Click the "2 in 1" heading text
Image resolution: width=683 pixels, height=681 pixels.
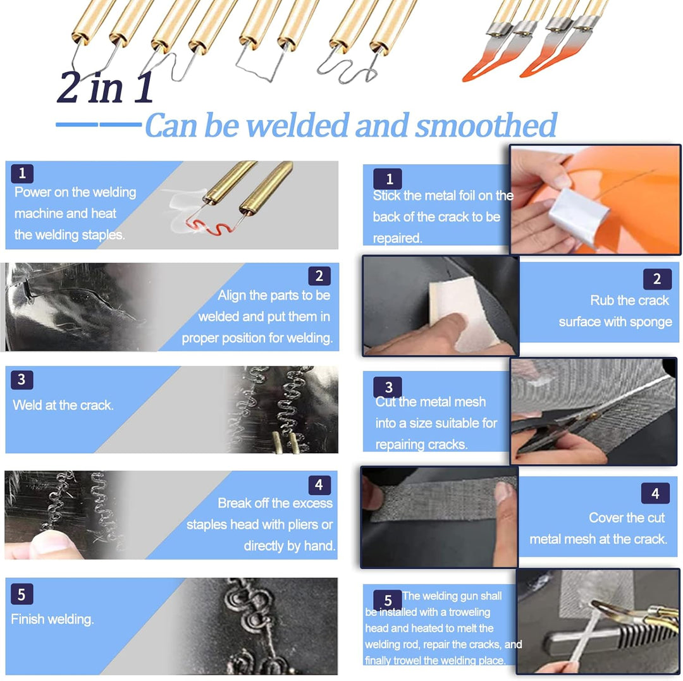pyautogui.click(x=105, y=87)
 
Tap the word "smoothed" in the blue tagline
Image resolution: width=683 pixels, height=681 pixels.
pyautogui.click(x=486, y=125)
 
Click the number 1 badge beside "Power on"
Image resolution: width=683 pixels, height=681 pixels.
pyautogui.click(x=22, y=173)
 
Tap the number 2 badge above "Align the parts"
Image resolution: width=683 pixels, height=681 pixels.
pyautogui.click(x=319, y=276)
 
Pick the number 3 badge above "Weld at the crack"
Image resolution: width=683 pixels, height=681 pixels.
pyautogui.click(x=22, y=379)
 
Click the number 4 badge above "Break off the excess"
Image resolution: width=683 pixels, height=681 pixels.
pyautogui.click(x=319, y=484)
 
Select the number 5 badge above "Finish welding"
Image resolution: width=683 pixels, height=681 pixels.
pyautogui.click(x=22, y=595)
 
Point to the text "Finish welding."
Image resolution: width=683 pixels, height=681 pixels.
pyautogui.click(x=52, y=619)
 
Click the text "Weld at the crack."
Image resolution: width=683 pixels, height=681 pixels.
pyautogui.click(x=63, y=405)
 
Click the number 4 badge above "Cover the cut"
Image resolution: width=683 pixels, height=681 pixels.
pyautogui.click(x=655, y=493)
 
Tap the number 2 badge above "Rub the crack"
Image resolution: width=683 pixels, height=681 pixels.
pyautogui.click(x=657, y=279)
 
